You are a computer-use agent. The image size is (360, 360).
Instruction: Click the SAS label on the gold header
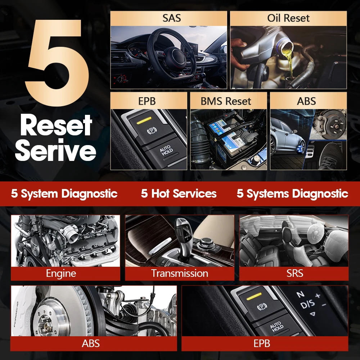pos(172,18)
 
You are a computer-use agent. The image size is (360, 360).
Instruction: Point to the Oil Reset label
pos(288,18)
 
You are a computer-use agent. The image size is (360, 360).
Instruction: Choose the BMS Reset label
pos(226,101)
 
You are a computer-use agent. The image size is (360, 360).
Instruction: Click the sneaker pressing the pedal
pos(329,155)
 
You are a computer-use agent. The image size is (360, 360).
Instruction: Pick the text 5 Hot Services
pos(179,194)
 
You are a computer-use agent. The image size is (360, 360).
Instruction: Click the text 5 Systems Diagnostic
pos(292,194)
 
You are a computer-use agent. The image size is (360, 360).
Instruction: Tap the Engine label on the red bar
pos(61,274)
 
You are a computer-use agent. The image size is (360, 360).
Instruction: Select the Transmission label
pos(179,274)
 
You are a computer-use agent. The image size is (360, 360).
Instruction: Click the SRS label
pos(295,274)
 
